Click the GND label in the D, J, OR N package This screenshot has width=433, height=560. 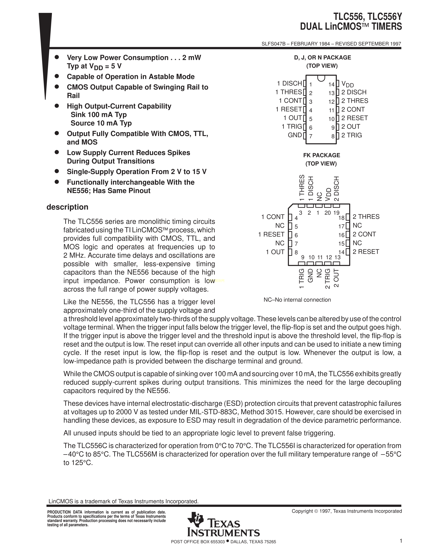pos(295,135)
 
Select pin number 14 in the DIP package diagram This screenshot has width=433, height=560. pos(331,84)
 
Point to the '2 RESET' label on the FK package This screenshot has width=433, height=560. pos(366,252)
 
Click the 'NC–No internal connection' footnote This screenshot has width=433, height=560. pos(297,300)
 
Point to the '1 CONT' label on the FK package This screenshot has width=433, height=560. pos(273,217)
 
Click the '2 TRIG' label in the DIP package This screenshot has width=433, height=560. pos(351,135)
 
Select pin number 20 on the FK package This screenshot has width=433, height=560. pos(328,213)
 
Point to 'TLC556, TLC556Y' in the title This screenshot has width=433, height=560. pos(368,17)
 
